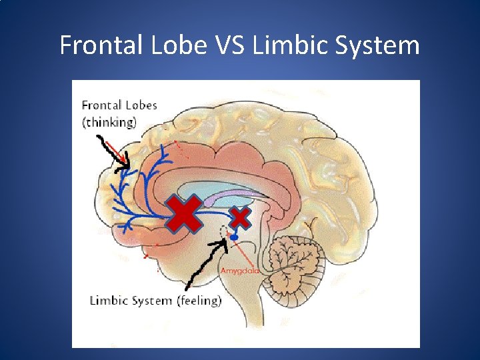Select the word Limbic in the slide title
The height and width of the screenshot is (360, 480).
[285, 45]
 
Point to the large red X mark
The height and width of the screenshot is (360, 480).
[183, 213]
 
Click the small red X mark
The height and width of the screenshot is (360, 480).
[240, 217]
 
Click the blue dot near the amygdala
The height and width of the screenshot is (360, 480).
[234, 237]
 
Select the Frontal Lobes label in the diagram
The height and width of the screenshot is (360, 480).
[119, 105]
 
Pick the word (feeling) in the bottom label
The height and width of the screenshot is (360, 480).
[199, 301]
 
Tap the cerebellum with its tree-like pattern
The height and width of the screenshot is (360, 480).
[293, 257]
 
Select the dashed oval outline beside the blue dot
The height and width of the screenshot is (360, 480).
[225, 232]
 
